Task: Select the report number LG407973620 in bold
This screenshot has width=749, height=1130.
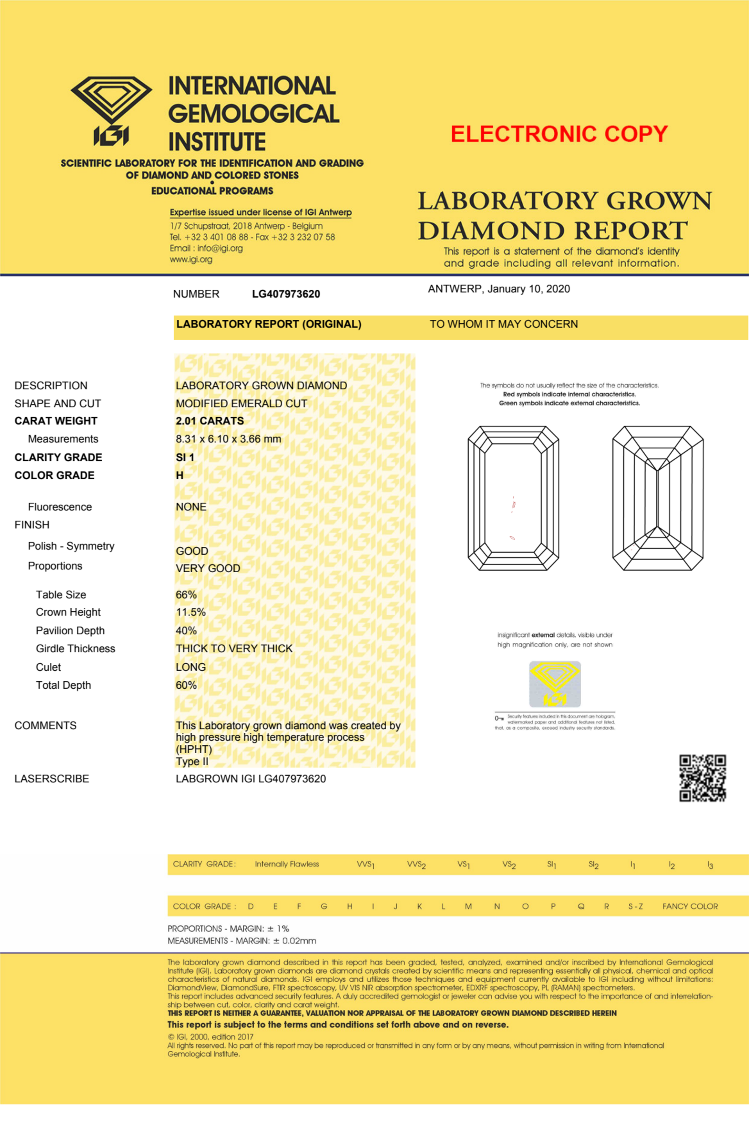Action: coord(286,294)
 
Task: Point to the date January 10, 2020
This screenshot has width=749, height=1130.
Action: coord(528,289)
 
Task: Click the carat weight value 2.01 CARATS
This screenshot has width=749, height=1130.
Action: coord(210,421)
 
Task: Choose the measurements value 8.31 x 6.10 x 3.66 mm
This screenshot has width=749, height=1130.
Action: coord(228,439)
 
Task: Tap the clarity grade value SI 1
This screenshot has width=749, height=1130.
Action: coord(185,457)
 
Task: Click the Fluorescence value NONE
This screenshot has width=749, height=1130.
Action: coord(191,507)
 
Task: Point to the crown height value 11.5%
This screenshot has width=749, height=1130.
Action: coord(191,612)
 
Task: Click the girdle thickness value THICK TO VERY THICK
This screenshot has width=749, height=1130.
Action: coord(234,649)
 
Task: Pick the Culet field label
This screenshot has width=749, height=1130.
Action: coord(48,667)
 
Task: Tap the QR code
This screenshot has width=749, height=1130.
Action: coord(703,778)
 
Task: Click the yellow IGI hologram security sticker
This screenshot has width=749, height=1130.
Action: coord(555,684)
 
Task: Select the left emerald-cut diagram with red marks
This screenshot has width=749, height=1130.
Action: coord(513,498)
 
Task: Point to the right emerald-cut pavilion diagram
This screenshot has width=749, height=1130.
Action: coord(658,498)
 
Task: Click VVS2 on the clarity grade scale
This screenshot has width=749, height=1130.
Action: coord(416,865)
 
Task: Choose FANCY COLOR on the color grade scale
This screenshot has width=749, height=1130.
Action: coord(690,907)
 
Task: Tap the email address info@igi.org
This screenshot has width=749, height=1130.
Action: coord(220,249)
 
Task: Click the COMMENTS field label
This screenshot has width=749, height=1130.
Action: coord(45,725)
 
